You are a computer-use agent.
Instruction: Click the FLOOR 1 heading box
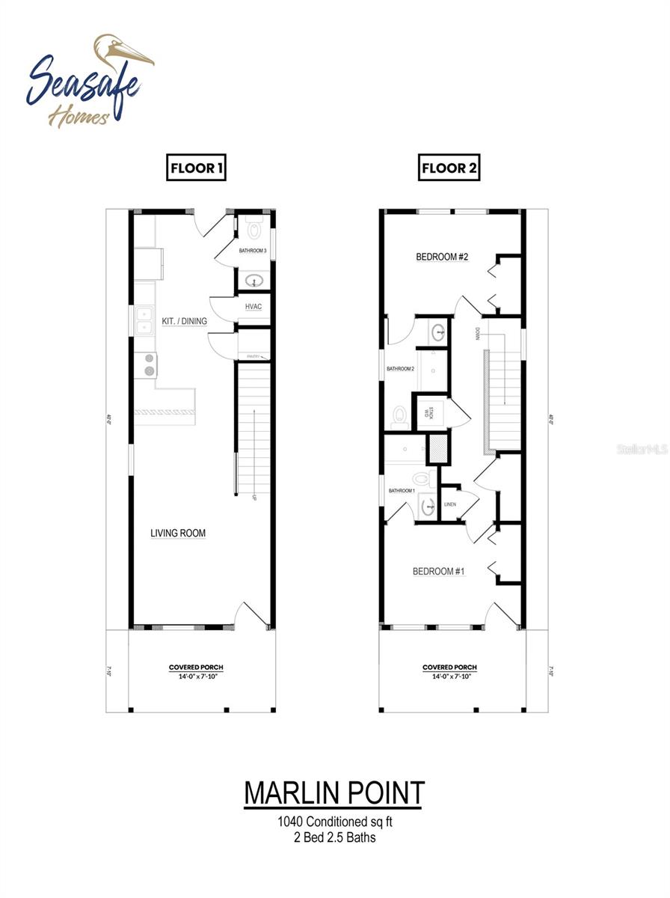(196, 168)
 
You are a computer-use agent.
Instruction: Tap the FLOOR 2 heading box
(448, 168)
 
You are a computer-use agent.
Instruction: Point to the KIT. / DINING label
(184, 321)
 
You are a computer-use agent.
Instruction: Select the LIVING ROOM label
(178, 533)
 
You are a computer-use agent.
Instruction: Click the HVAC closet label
(252, 307)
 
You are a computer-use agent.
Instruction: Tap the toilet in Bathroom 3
(253, 228)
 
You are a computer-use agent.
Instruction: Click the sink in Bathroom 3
(254, 281)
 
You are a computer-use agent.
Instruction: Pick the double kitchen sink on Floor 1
(144, 321)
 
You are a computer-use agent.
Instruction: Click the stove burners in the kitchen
(150, 364)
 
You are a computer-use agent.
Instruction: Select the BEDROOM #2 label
(442, 257)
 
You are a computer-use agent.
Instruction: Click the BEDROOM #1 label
(439, 572)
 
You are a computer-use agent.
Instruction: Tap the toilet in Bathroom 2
(400, 416)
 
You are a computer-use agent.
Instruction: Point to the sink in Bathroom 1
(428, 507)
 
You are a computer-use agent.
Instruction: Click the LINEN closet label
(450, 504)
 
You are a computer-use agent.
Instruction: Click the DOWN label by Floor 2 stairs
(477, 332)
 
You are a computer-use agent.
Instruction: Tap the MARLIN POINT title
(334, 793)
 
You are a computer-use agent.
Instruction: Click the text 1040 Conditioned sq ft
(334, 822)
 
